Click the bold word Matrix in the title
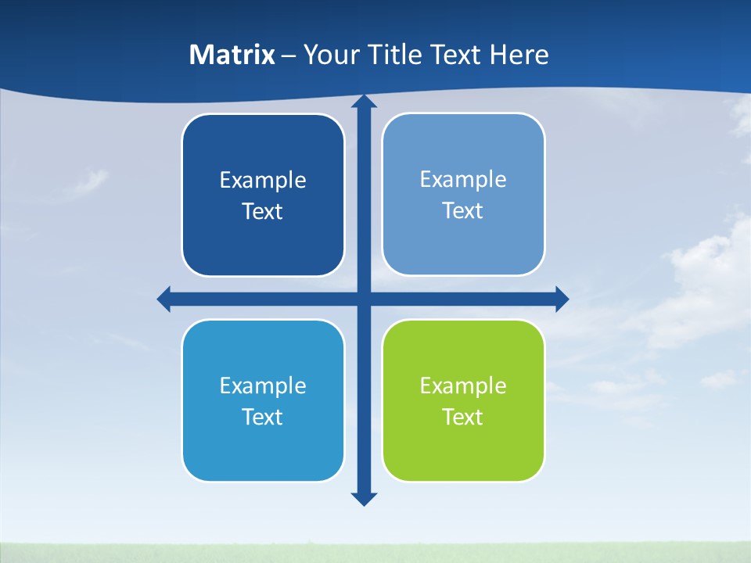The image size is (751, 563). point(232,55)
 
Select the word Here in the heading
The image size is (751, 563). point(519,55)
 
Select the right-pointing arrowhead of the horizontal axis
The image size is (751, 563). point(561,299)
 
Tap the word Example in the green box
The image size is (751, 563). point(463,385)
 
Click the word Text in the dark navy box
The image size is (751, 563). point(263,212)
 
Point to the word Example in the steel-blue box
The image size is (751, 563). point(463,179)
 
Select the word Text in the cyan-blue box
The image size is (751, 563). point(263,417)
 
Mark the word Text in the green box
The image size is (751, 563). point(463,417)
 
